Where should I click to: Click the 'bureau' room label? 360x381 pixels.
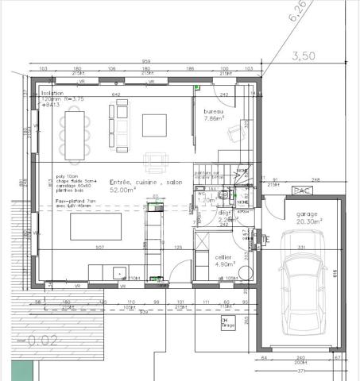click(213, 111)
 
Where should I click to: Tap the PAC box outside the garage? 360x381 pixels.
click(302, 190)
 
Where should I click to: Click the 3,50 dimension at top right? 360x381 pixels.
click(304, 56)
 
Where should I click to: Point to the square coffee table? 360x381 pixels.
click(154, 125)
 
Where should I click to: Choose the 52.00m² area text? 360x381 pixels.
click(126, 190)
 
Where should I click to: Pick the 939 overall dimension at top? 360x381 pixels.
click(145, 62)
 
